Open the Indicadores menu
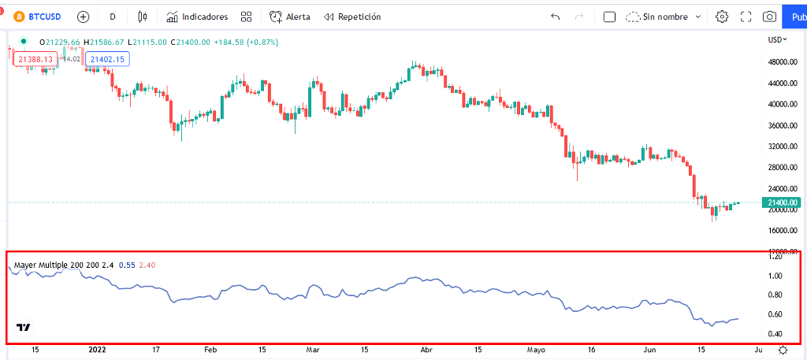tap(197, 17)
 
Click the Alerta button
tap(289, 17)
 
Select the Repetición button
tap(352, 17)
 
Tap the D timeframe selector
tap(113, 17)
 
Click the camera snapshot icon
tap(769, 17)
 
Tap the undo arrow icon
tap(556, 17)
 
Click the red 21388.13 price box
tap(35, 59)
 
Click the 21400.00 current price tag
tap(780, 202)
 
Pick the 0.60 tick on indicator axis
tap(775, 314)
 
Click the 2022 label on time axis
tap(97, 349)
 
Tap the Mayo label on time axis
tap(536, 349)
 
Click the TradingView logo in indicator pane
tap(23, 328)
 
